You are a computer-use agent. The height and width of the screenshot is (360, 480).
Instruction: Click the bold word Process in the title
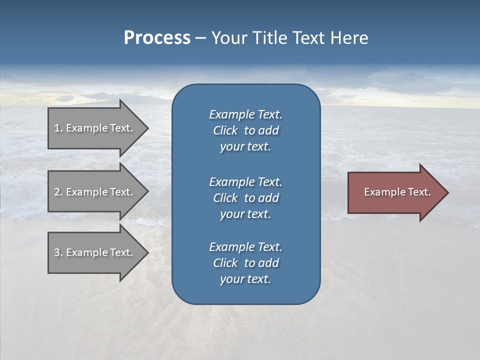(157, 38)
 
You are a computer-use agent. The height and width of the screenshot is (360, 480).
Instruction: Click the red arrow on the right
(395, 192)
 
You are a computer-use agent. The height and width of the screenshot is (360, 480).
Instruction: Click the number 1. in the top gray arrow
(58, 128)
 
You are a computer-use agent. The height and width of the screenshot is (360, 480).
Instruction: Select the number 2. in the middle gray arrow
(58, 192)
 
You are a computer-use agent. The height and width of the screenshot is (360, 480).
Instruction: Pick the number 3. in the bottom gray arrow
(58, 252)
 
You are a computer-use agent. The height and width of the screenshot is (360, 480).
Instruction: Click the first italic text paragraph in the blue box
(245, 130)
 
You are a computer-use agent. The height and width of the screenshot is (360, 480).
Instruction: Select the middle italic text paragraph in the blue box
(245, 198)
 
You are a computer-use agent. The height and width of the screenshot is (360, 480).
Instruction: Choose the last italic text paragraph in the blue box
(245, 263)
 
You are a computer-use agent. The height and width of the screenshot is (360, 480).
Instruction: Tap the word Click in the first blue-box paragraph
(225, 130)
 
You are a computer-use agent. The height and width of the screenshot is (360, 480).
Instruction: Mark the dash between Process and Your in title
(200, 38)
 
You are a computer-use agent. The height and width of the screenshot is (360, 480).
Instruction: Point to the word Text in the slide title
(308, 38)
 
